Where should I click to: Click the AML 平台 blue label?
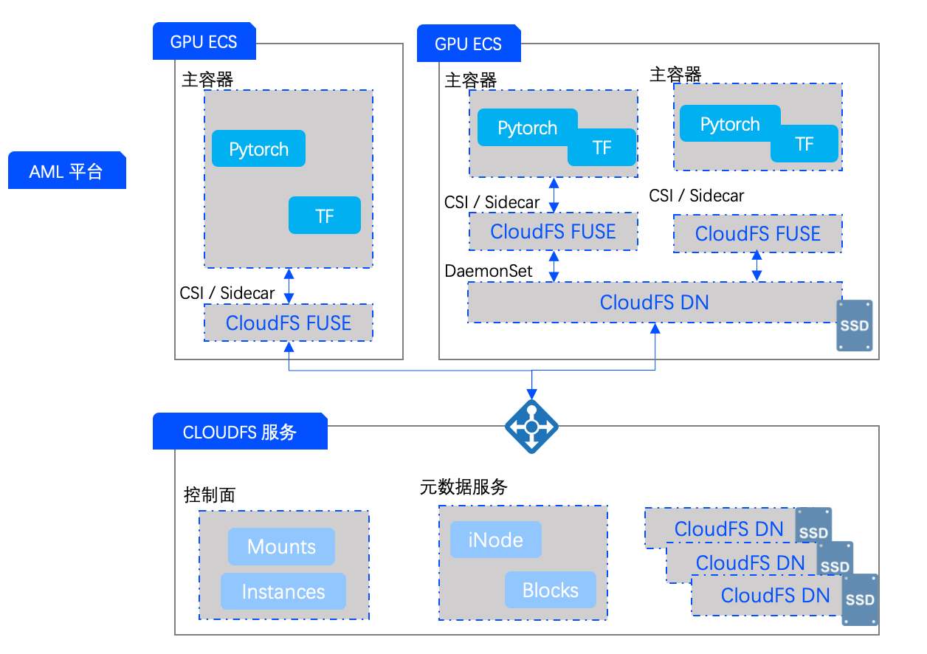pos(66,171)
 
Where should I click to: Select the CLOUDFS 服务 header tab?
pos(239,432)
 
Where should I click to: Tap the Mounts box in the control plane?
pos(281,546)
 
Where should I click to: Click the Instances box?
pos(283,591)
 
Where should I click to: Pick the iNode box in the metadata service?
pos(495,540)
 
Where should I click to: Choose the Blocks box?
pos(550,590)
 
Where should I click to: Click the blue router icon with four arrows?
pos(531,427)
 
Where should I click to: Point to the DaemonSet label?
pos(488,271)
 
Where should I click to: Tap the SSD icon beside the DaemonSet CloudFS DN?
pos(854,325)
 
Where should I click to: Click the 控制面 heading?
pos(209,495)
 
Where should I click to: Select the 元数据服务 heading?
pos(463,487)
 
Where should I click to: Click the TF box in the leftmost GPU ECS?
pos(325,216)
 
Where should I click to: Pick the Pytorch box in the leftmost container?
pos(258,149)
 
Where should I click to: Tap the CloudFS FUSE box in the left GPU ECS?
pos(288,323)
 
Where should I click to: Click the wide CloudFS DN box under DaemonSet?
pos(654,302)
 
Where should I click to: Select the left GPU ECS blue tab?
pos(204,41)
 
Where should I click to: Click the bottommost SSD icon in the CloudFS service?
pos(860,600)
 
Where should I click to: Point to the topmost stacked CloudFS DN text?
pos(728,529)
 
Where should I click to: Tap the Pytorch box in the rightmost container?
pos(729,124)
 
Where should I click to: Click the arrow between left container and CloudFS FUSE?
pos(289,286)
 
